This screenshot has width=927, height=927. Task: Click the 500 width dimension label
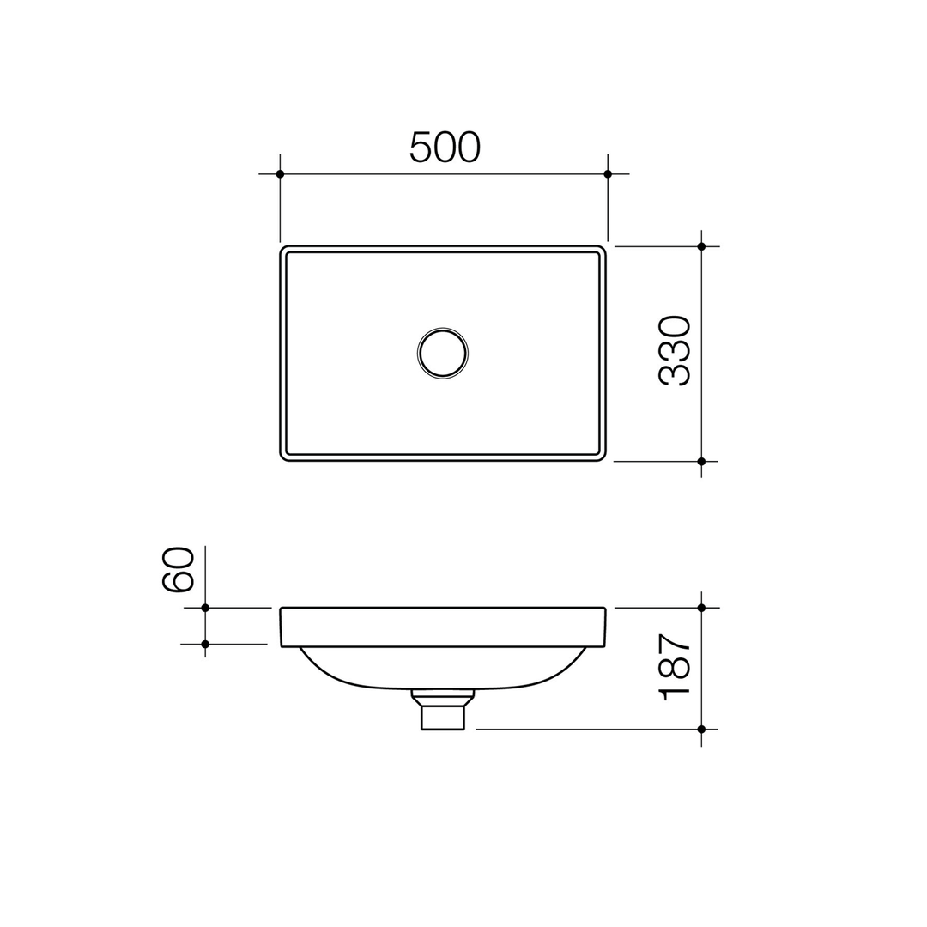[445, 147]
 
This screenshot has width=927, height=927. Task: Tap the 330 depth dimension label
[675, 351]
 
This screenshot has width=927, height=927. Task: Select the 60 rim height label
[179, 569]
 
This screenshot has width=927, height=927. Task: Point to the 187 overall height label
[675, 668]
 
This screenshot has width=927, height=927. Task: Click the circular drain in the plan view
[443, 353]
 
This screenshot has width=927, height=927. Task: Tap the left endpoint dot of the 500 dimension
[280, 174]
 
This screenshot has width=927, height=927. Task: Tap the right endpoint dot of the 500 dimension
[608, 174]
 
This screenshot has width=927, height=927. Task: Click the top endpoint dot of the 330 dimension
[701, 246]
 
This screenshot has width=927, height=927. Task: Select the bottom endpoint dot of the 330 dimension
[701, 461]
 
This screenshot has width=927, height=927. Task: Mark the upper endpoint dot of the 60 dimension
[205, 608]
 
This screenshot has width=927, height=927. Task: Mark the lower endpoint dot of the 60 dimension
[205, 644]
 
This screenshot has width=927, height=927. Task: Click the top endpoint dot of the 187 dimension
[701, 608]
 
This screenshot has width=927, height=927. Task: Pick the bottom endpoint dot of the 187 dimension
[701, 729]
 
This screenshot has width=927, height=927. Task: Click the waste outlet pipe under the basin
[443, 716]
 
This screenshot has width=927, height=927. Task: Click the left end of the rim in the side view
[282, 627]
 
